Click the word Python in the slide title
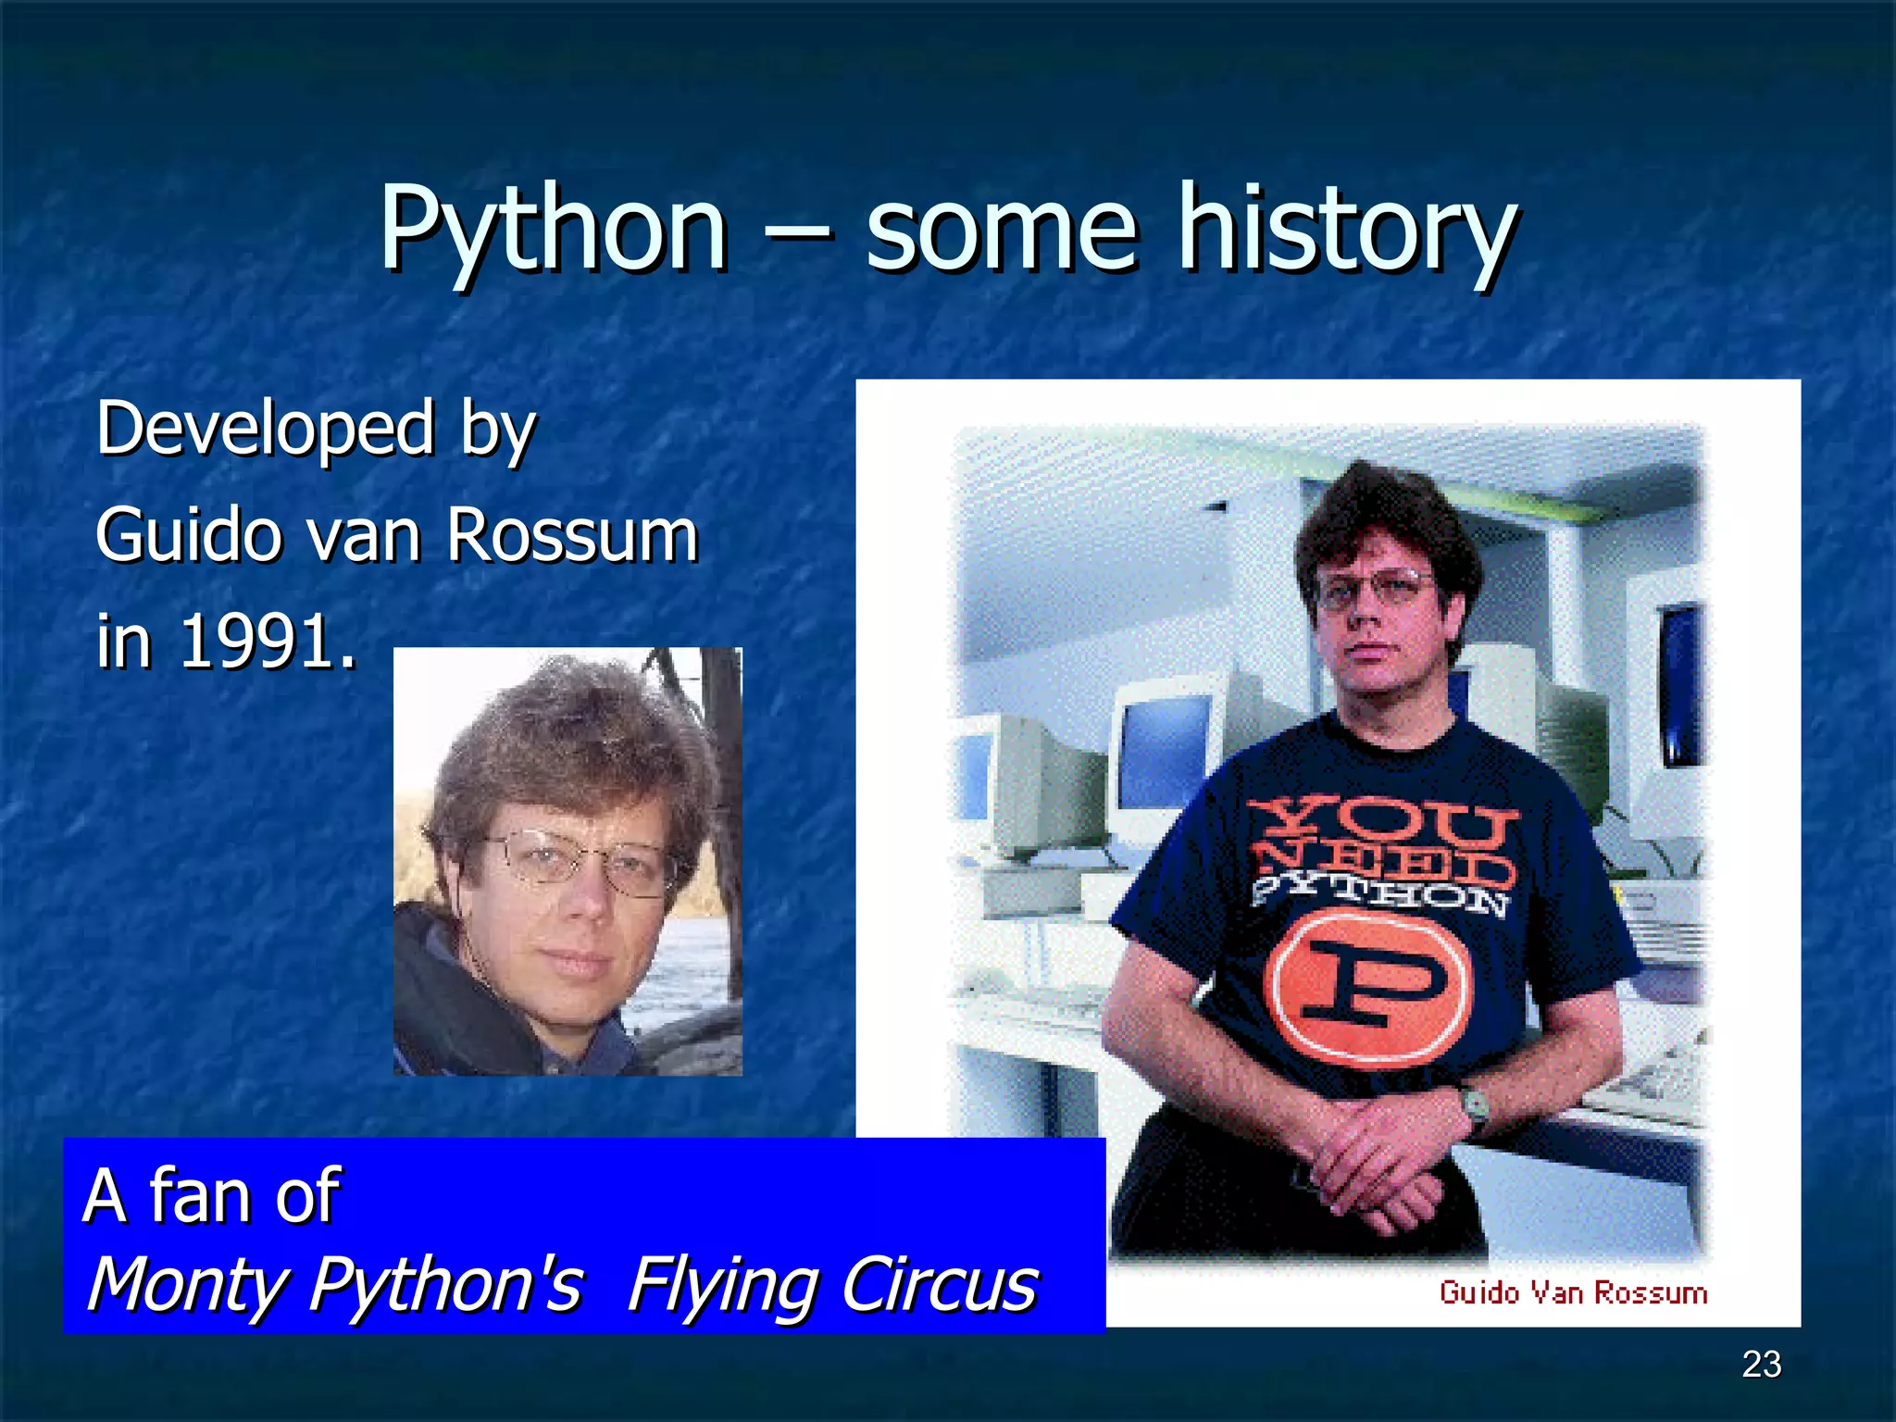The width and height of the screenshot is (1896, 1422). point(553,230)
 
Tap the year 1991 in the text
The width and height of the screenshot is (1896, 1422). point(256,642)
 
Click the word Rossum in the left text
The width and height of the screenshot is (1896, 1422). point(571,535)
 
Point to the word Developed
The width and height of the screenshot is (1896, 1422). point(265,428)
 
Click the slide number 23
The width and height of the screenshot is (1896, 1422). point(1761,1364)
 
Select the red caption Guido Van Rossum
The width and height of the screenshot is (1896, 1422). point(1573,1292)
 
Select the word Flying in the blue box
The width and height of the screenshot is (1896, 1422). point(722,1285)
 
